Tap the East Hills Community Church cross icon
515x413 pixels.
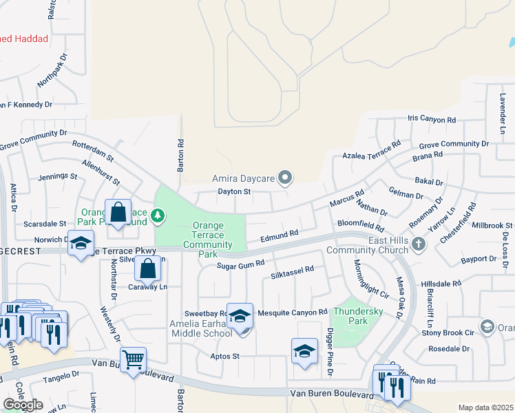coord(417,244)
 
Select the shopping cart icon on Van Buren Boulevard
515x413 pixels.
coord(133,359)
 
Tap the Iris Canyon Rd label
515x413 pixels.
coord(432,120)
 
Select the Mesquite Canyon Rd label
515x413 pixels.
coord(292,313)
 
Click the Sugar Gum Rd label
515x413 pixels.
coord(241,265)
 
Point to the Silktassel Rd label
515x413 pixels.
coord(293,272)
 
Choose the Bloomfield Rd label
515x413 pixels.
coord(360,224)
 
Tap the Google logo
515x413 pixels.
coord(23,405)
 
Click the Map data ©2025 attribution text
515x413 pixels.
coord(485,407)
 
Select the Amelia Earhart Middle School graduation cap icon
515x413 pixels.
coord(240,316)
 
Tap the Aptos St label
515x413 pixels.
coord(225,357)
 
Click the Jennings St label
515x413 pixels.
coord(58,177)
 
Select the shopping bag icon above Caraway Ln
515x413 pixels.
coord(148,268)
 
